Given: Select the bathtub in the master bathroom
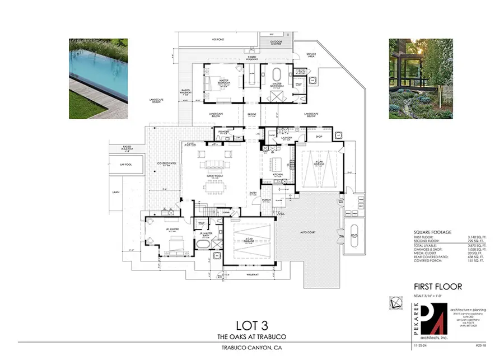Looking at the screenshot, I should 277,76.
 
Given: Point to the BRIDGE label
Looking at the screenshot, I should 253,114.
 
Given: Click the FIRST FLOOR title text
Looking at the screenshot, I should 437,286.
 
